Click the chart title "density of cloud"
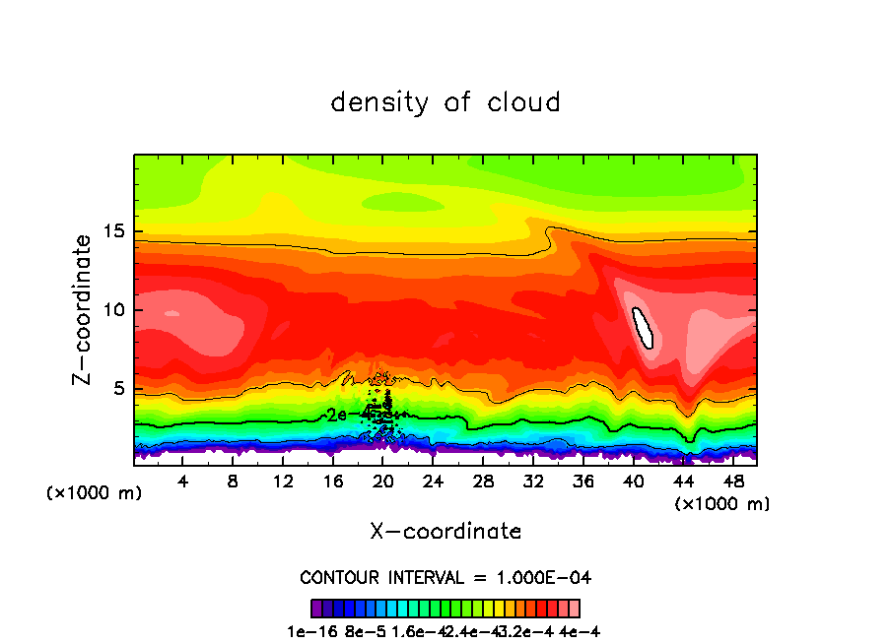[x=445, y=102]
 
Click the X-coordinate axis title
[x=445, y=532]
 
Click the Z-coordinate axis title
[x=83, y=308]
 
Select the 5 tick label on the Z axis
[x=117, y=389]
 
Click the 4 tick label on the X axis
[x=183, y=483]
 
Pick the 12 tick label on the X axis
[x=283, y=483]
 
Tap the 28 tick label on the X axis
[x=483, y=483]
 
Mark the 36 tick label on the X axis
[x=583, y=483]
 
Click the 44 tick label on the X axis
[x=682, y=483]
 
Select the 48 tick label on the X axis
[x=732, y=483]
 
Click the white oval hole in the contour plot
[x=643, y=326]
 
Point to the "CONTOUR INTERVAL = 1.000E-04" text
[x=445, y=577]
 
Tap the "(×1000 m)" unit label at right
[x=722, y=504]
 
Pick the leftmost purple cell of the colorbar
[x=316, y=609]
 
